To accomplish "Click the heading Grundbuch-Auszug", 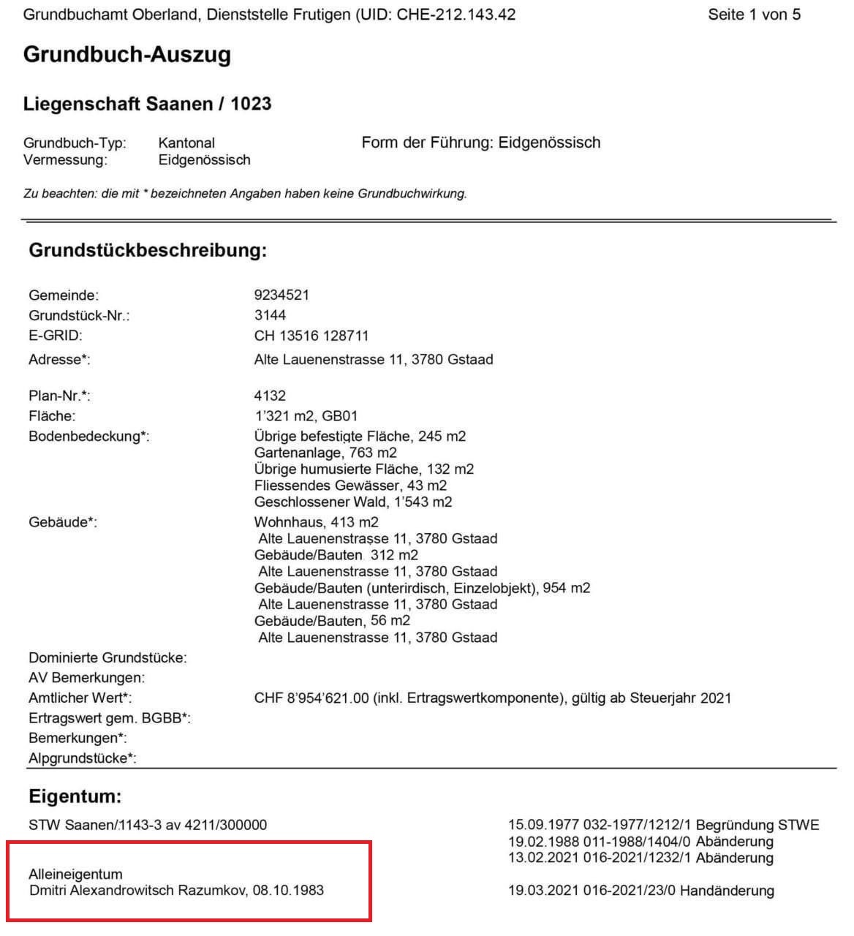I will pyautogui.click(x=127, y=55).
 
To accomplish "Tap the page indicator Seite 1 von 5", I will pyautogui.click(x=754, y=15).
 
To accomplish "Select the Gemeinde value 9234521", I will pyautogui.click(x=281, y=295).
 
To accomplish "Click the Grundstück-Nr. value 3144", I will pyautogui.click(x=270, y=315).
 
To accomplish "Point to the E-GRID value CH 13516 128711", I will pyautogui.click(x=311, y=336).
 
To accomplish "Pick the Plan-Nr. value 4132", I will pyautogui.click(x=270, y=396).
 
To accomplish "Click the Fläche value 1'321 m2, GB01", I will pyautogui.click(x=306, y=416).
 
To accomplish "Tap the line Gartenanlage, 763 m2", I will pyautogui.click(x=325, y=453).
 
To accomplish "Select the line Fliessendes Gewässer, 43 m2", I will pyautogui.click(x=350, y=486).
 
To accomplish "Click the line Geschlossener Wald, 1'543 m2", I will pyautogui.click(x=353, y=502).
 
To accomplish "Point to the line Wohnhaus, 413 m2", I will pyautogui.click(x=316, y=522).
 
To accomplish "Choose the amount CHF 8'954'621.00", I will pyautogui.click(x=311, y=698).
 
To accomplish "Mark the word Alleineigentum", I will pyautogui.click(x=75, y=874).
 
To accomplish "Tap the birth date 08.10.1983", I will pyautogui.click(x=288, y=891).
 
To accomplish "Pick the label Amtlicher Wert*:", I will pyautogui.click(x=80, y=698).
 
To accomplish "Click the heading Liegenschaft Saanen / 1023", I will pyautogui.click(x=147, y=104).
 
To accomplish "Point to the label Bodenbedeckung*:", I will pyautogui.click(x=88, y=437).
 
